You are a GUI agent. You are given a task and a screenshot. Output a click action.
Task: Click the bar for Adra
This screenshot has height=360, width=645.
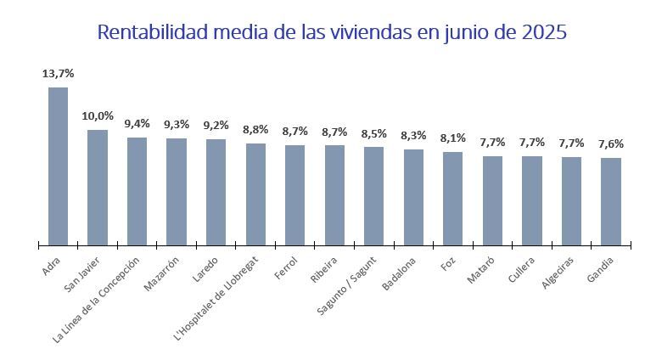(x=58, y=166)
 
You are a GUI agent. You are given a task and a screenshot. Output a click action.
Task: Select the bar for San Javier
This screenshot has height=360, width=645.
(x=98, y=188)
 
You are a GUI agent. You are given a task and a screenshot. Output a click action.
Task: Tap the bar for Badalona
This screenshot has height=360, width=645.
(x=413, y=197)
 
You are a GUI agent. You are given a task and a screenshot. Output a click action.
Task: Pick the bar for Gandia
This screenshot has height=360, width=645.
(x=611, y=201)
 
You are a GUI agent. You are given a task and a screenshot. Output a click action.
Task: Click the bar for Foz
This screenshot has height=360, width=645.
(x=453, y=199)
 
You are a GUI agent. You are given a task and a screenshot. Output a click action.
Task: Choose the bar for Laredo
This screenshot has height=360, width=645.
(x=216, y=192)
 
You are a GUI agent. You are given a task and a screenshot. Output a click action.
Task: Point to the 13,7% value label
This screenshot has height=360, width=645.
(x=57, y=74)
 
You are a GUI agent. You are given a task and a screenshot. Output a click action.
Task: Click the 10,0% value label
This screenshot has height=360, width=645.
(x=97, y=116)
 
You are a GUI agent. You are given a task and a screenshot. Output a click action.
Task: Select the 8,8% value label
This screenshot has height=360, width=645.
(x=255, y=130)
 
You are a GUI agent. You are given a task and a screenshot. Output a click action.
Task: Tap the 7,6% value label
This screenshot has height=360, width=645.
(x=611, y=143)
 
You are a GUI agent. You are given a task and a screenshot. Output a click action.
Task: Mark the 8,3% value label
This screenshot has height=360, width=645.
(x=413, y=135)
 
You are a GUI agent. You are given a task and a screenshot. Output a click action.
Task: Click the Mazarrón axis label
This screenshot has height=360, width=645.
(x=162, y=273)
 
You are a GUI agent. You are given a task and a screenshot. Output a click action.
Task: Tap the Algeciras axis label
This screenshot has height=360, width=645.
(x=558, y=273)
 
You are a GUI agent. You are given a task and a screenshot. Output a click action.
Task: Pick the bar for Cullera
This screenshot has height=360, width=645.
(x=532, y=200)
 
